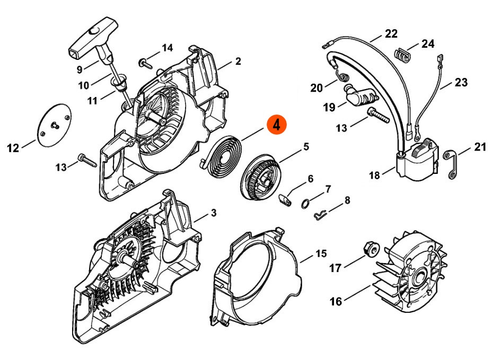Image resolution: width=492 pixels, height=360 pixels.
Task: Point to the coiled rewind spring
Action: pos(221,155)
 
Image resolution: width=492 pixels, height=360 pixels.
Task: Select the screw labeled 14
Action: pos(145,63)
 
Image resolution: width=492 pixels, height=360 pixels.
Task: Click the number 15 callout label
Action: pos(321,253)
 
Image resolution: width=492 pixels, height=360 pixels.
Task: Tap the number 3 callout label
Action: pos(214,213)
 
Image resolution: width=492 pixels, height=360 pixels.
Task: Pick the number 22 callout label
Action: pos(391,33)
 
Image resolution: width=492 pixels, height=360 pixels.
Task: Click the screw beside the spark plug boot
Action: pos(378,115)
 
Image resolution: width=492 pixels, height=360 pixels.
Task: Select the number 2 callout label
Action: pos(238,61)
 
